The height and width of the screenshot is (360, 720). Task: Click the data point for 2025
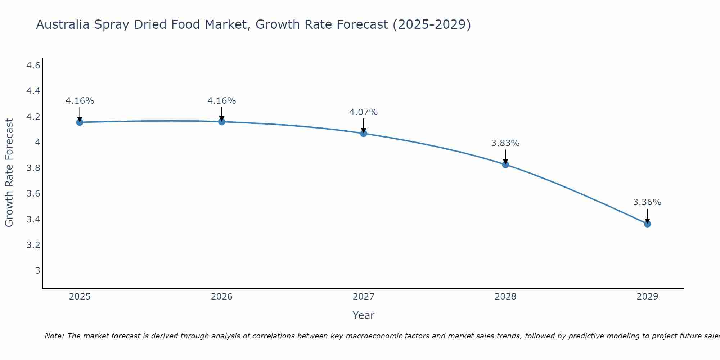tap(80, 122)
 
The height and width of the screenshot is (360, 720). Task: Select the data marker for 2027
tap(364, 134)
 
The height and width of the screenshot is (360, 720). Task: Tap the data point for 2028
tap(505, 165)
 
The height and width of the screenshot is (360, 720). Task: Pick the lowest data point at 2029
tap(647, 224)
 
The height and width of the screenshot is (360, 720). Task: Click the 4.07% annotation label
tap(363, 112)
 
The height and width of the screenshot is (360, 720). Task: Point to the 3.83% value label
tap(505, 143)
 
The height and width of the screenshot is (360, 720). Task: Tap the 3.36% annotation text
tap(647, 202)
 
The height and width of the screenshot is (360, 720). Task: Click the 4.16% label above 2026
tap(221, 101)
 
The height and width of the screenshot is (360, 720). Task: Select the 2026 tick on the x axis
tap(221, 297)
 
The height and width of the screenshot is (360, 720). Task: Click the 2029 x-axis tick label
tap(647, 297)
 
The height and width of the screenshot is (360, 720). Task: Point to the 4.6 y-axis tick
tap(33, 66)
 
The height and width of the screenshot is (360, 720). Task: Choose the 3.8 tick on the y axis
tap(33, 168)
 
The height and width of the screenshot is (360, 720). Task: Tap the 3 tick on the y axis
tap(37, 270)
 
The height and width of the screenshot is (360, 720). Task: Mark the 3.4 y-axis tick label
tap(33, 219)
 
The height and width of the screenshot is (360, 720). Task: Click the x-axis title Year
tap(363, 315)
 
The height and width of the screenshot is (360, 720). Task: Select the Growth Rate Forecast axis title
tap(9, 173)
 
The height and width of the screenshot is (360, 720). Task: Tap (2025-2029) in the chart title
tap(432, 24)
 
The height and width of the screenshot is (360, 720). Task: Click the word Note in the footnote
tap(54, 336)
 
